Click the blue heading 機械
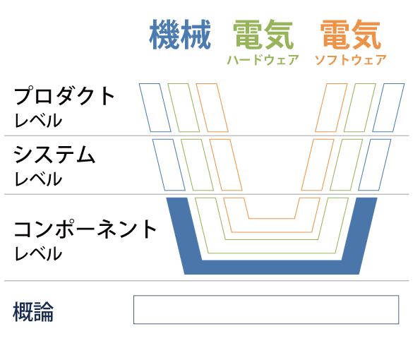tap(180, 35)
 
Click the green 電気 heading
tap(263, 35)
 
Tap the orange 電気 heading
tap(351, 35)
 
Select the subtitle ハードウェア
tap(263, 60)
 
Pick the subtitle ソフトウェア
tap(351, 60)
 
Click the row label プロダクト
tap(64, 95)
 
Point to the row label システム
tap(54, 155)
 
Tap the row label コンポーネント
tap(85, 229)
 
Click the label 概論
tap(33, 311)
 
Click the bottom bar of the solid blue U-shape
tap(272, 268)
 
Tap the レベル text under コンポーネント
tap(38, 253)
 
